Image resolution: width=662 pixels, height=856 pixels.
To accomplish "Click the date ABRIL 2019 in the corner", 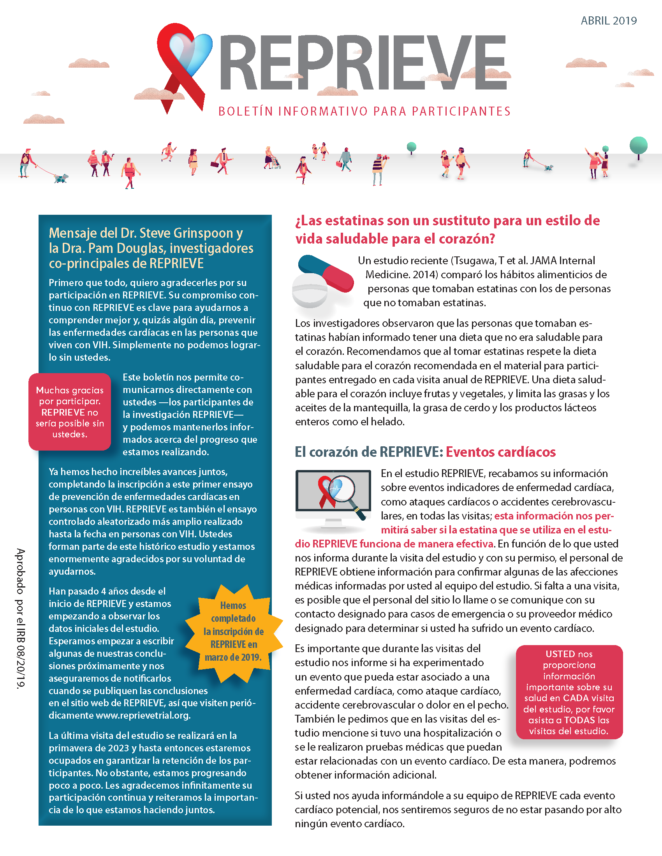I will [x=608, y=21].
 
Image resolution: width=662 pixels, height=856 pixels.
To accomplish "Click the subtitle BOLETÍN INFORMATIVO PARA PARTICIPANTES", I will [x=364, y=112].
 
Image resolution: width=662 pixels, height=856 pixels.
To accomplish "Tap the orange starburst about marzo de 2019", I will [x=233, y=632].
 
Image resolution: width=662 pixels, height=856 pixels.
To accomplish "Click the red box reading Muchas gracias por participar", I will [x=70, y=412].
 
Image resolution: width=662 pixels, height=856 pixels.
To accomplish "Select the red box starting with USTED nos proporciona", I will [x=569, y=692].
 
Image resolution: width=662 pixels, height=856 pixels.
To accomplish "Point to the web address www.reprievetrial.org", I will [x=143, y=715].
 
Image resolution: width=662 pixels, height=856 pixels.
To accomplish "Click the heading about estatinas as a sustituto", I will [x=447, y=230].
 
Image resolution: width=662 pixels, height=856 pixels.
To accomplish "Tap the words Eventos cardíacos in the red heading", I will [x=500, y=452].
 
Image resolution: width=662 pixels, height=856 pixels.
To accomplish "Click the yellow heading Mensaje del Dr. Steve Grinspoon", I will [x=151, y=248].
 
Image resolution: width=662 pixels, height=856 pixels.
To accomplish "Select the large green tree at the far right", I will [x=638, y=146].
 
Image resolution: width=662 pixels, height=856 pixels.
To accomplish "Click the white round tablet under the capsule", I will [x=310, y=291].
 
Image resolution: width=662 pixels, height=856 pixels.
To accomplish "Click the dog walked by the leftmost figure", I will [x=61, y=178].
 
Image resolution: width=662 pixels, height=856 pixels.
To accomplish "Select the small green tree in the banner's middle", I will [x=411, y=148].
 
